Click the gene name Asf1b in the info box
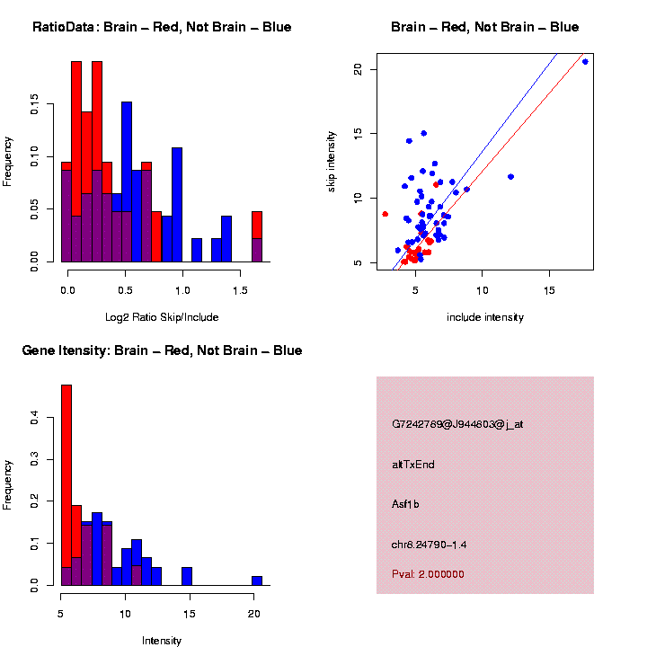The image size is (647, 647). coord(405,504)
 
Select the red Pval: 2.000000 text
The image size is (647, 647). coord(428,574)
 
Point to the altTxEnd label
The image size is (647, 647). coord(413,465)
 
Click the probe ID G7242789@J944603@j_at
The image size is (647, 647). coord(457,424)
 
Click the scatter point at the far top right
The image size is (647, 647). coord(585,61)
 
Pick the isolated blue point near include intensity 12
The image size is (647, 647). coord(510,176)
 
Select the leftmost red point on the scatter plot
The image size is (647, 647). coord(386,214)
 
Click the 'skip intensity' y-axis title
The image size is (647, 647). coord(332,159)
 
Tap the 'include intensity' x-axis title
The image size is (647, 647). coord(485,317)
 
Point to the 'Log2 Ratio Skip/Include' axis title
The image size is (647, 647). coord(161,317)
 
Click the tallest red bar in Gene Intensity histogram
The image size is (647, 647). coord(66,485)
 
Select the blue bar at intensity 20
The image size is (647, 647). coord(257,581)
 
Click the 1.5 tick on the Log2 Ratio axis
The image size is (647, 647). coord(240,291)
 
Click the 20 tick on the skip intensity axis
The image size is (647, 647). coord(359,69)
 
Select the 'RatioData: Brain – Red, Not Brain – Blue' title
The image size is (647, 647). coord(162,28)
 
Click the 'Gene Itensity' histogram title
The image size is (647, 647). coord(162,350)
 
